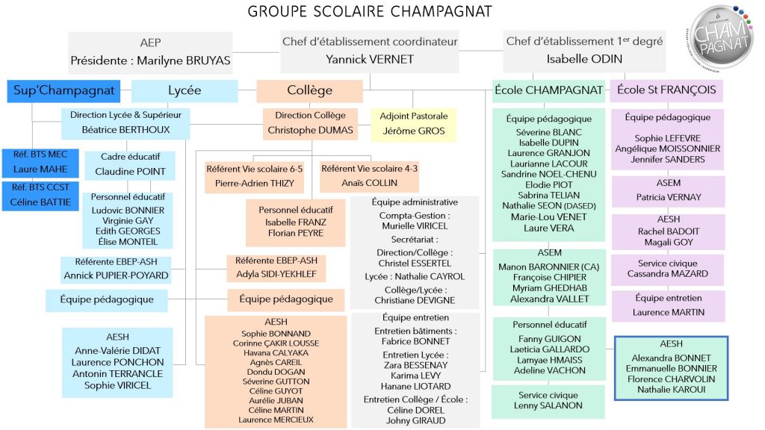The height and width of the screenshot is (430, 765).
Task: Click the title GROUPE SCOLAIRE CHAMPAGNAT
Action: pyautogui.click(x=370, y=11)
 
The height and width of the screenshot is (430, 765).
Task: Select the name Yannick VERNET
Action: pyautogui.click(x=370, y=60)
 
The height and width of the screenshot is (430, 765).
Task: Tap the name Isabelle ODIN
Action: pyautogui.click(x=584, y=60)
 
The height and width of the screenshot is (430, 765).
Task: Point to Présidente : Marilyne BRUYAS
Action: pyautogui.click(x=150, y=60)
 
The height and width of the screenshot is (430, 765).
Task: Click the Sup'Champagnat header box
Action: pyautogui.click(x=64, y=91)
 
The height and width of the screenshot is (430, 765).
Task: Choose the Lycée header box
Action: pyautogui.click(x=185, y=91)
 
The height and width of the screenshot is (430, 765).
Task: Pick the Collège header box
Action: pyautogui.click(x=310, y=91)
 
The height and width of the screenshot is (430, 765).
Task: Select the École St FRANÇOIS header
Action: pyautogui.click(x=667, y=90)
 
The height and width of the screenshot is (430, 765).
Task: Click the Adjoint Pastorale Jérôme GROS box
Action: pyautogui.click(x=413, y=124)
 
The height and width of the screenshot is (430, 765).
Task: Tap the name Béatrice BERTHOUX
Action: pyautogui.click(x=126, y=130)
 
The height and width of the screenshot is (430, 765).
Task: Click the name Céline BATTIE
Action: pyautogui.click(x=37, y=203)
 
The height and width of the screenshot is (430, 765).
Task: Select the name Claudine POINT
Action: pyautogui.click(x=130, y=172)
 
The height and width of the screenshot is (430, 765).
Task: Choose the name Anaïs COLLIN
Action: pyautogui.click(x=369, y=183)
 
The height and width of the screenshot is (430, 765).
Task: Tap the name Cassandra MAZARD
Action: pyautogui.click(x=668, y=274)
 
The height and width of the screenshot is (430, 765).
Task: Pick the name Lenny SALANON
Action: pyautogui.click(x=548, y=405)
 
